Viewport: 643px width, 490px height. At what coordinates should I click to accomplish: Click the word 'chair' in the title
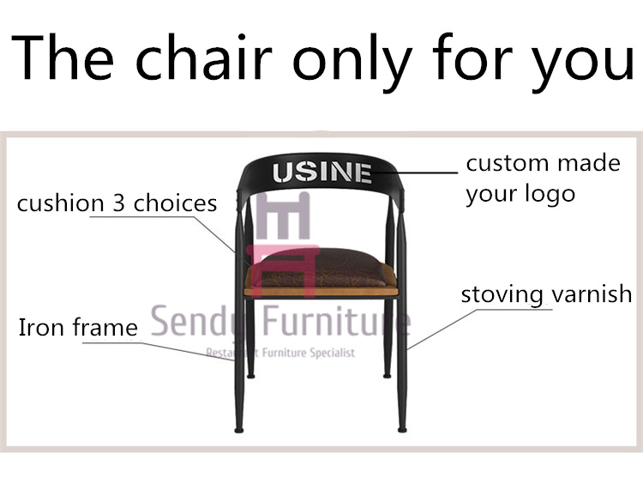[204, 57]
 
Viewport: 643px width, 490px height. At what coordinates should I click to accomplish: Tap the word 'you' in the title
[582, 63]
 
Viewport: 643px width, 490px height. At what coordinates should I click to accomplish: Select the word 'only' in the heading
[352, 62]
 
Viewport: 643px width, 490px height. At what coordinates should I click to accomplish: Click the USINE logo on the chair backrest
[322, 172]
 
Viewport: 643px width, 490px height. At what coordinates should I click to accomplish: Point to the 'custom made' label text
[543, 163]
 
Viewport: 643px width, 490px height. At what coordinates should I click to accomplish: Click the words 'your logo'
[520, 194]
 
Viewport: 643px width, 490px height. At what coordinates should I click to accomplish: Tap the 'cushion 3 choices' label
[117, 203]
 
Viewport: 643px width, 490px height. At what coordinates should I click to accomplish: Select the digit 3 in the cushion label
[118, 203]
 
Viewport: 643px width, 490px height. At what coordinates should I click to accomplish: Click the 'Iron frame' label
[78, 327]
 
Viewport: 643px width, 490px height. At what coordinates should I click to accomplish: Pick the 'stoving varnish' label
[546, 293]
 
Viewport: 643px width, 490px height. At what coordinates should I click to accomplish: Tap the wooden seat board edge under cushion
[321, 291]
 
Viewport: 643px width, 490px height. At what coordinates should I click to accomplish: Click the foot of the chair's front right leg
[402, 430]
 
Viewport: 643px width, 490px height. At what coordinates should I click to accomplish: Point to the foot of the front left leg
[238, 430]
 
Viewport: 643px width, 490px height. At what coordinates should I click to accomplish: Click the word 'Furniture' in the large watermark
[336, 321]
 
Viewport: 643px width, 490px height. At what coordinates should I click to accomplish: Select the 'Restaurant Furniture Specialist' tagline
[280, 353]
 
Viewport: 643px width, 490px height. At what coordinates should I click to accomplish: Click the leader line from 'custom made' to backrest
[415, 172]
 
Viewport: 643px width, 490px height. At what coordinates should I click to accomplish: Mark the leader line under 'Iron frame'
[159, 351]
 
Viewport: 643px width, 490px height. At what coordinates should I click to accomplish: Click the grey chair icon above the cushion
[283, 215]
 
